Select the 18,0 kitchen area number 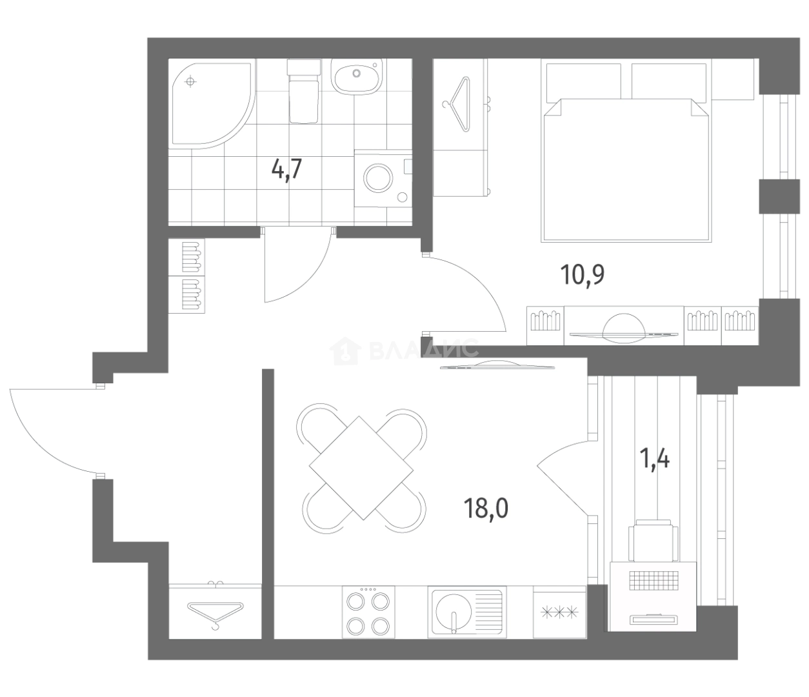click(486, 509)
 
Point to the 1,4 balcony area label click(654, 459)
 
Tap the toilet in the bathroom click(304, 91)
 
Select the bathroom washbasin click(356, 77)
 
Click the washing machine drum click(378, 177)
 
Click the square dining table click(361, 468)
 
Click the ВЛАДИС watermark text click(423, 349)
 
